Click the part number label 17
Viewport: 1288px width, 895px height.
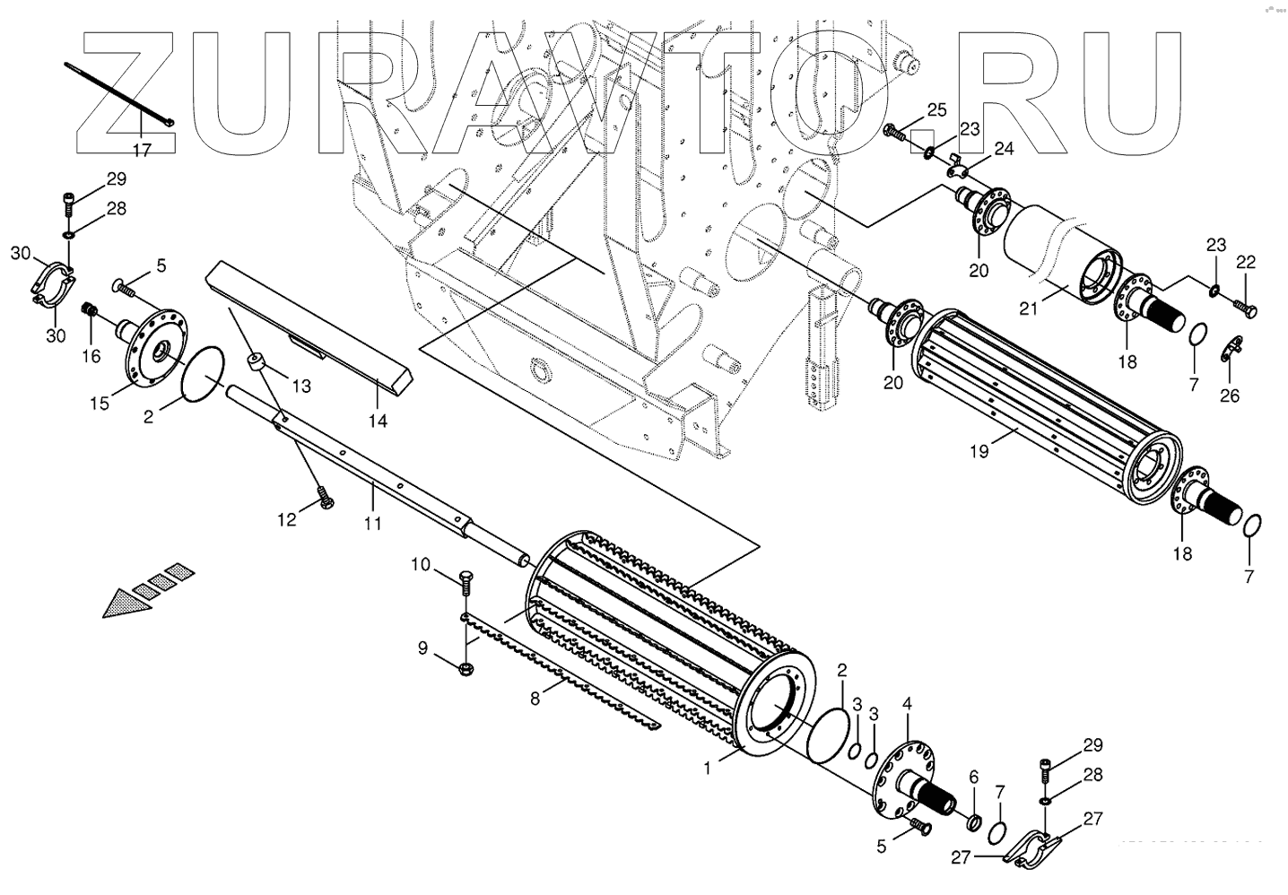click(x=143, y=151)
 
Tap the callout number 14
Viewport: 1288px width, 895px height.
click(x=379, y=420)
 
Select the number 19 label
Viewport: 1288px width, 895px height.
click(x=979, y=451)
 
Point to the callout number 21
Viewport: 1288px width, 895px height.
click(x=1028, y=308)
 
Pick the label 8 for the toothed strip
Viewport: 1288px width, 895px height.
click(x=535, y=699)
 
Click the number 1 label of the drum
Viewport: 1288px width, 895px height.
click(x=708, y=769)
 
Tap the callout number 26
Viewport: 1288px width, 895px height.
click(x=1230, y=395)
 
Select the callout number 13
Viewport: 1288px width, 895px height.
click(x=300, y=387)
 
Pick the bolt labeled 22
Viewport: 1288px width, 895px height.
click(x=1244, y=308)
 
